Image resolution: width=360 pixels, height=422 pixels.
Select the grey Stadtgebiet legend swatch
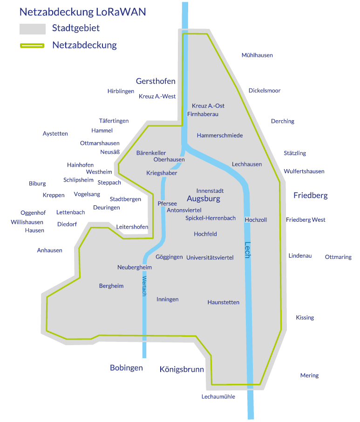[x=32, y=29]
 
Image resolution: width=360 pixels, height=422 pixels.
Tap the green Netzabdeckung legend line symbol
[x=32, y=46]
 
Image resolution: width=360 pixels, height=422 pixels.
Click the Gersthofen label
[x=156, y=81]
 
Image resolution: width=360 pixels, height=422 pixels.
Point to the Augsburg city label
[x=203, y=199]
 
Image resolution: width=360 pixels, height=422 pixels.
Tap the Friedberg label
[x=310, y=195]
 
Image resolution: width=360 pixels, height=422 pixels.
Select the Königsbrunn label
[x=182, y=369]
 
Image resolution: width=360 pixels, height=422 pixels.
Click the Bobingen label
[x=126, y=368]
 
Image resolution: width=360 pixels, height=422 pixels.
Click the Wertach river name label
[x=144, y=286]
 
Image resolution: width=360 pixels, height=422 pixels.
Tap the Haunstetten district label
[x=223, y=302]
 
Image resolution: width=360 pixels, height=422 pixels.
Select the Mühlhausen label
[x=257, y=55]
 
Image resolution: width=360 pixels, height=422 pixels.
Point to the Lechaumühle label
[x=218, y=397]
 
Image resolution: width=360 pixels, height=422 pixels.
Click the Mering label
[x=309, y=375]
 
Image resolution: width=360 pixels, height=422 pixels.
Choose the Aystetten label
[x=55, y=134]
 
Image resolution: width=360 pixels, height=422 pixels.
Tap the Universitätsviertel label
[x=210, y=258]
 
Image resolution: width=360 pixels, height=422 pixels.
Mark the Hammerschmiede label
[x=220, y=136]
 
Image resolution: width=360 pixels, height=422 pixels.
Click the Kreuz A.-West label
[x=157, y=96]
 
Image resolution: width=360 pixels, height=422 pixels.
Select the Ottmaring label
[x=338, y=257]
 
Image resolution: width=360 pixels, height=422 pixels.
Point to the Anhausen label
[x=49, y=251]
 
